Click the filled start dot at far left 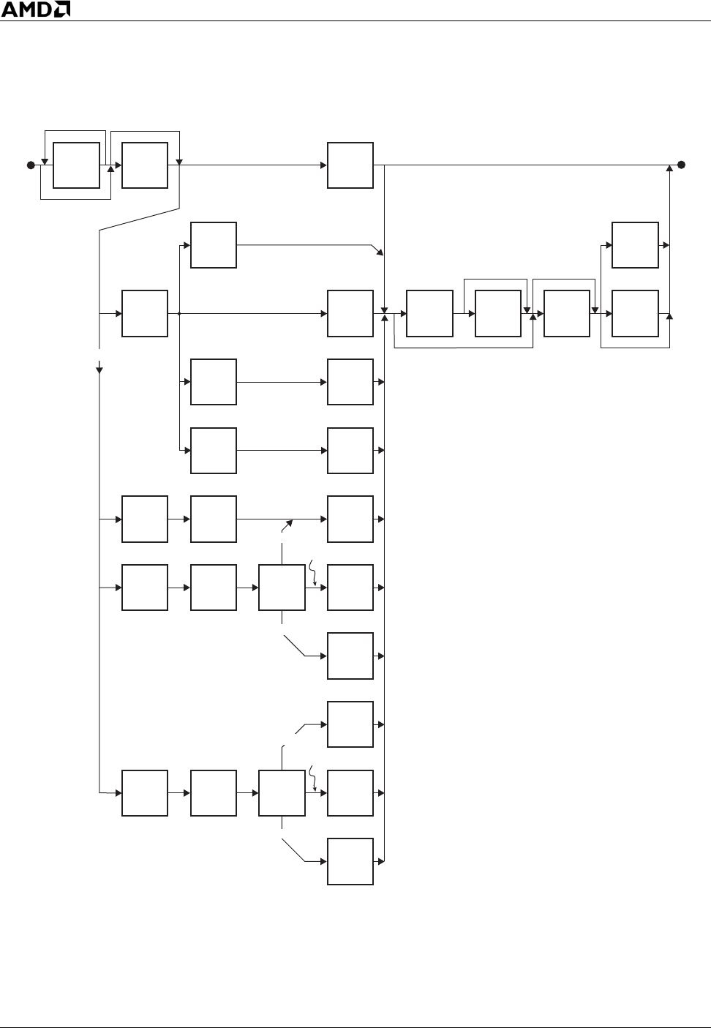[31, 165]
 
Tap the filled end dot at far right [681, 165]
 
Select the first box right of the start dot [76, 165]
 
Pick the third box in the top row [350, 165]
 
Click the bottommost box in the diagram [350, 862]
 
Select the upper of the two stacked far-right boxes [635, 245]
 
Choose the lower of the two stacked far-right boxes [635, 313]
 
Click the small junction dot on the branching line [179, 313]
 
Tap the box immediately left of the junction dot [145, 313]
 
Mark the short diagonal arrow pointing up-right [288, 525]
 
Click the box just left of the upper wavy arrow [282, 588]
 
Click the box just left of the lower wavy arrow [282, 793]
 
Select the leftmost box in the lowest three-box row [145, 793]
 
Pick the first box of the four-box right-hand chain [429, 313]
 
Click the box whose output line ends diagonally [214, 245]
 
